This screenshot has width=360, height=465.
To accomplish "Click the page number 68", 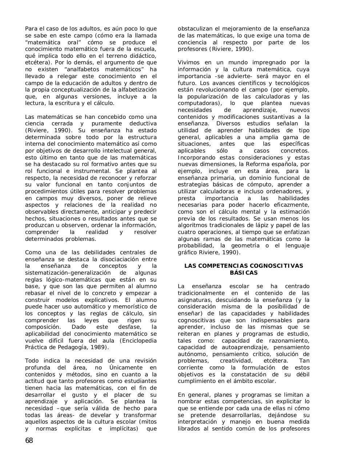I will tap(29, 441).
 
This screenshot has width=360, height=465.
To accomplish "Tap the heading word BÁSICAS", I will tap(244, 273).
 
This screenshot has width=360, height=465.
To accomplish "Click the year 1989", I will tap(98, 347).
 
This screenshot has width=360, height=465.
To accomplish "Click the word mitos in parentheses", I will tap(148, 422).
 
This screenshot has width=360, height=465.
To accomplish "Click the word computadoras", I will tap(196, 104).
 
